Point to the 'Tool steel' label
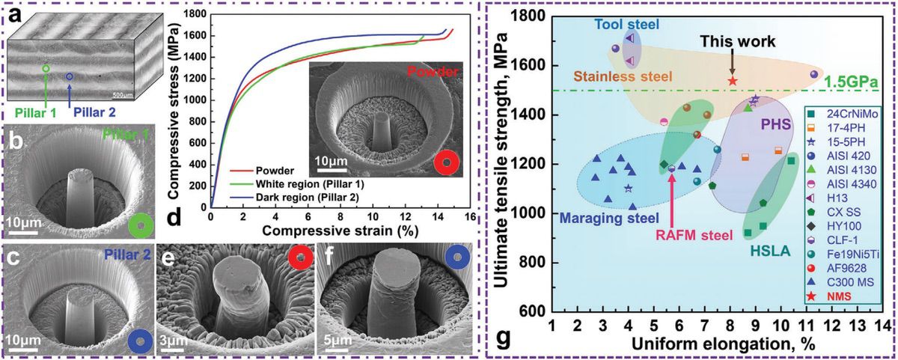coord(626,25)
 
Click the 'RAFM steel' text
coord(694,235)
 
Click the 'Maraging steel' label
coord(609,218)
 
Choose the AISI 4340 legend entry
coord(840,184)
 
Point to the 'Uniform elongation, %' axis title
coord(724,345)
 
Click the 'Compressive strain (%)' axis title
coord(340,231)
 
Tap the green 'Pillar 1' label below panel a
coord(36,113)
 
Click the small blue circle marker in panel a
coord(70,76)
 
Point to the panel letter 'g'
coord(502,339)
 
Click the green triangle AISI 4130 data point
coord(748,108)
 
